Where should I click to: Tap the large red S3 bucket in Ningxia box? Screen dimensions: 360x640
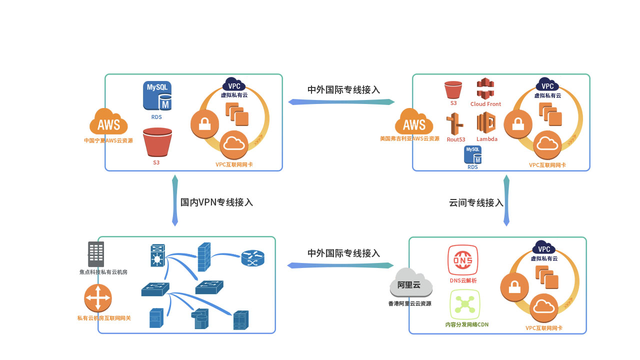(x=157, y=142)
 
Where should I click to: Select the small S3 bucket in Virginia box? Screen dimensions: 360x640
(x=453, y=89)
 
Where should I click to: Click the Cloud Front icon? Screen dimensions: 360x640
(x=485, y=88)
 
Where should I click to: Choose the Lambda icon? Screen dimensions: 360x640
(x=486, y=122)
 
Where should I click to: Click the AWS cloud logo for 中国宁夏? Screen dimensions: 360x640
(x=108, y=122)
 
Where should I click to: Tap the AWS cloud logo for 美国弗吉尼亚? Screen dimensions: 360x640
(x=414, y=122)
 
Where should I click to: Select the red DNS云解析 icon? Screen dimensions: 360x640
(x=462, y=259)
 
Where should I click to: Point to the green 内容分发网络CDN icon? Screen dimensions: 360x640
(x=464, y=304)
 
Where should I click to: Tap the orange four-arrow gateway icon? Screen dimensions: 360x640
(x=97, y=298)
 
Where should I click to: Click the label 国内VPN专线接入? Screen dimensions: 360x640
(x=216, y=202)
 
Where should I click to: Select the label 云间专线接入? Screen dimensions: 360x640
(x=476, y=203)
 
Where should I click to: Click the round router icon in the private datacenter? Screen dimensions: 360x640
(x=252, y=258)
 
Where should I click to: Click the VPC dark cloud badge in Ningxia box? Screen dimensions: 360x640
(x=233, y=84)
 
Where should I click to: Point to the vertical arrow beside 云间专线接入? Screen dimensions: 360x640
(x=506, y=200)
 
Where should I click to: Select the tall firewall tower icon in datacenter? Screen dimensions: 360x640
(x=204, y=257)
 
